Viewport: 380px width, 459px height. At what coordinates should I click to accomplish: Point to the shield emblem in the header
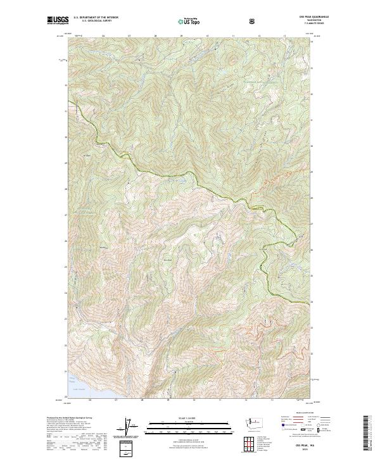coord(253,21)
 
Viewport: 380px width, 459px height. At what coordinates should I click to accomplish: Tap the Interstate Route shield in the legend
coord(281,427)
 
